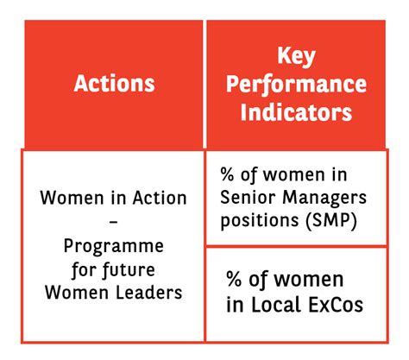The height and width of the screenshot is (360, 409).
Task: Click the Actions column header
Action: (x=115, y=84)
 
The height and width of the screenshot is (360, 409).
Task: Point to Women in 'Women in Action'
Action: (x=66, y=198)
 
